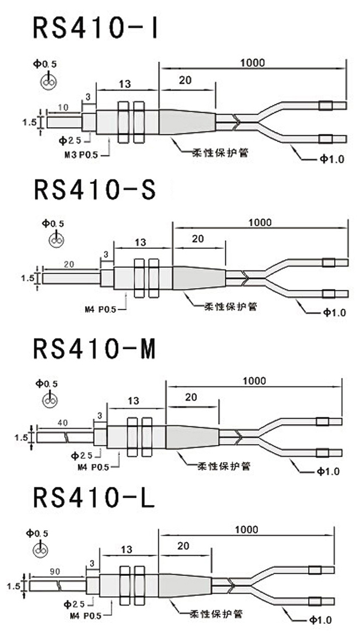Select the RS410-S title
pyautogui.click(x=95, y=190)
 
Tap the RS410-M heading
pyautogui.click(x=95, y=349)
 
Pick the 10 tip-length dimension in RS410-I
pyautogui.click(x=63, y=107)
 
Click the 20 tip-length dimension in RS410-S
pyautogui.click(x=68, y=265)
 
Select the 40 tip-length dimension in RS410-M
pyautogui.click(x=63, y=423)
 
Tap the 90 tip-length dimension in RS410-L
pyautogui.click(x=55, y=570)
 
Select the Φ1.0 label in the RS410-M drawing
pyautogui.click(x=328, y=471)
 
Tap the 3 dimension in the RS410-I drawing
pyautogui.click(x=88, y=97)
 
